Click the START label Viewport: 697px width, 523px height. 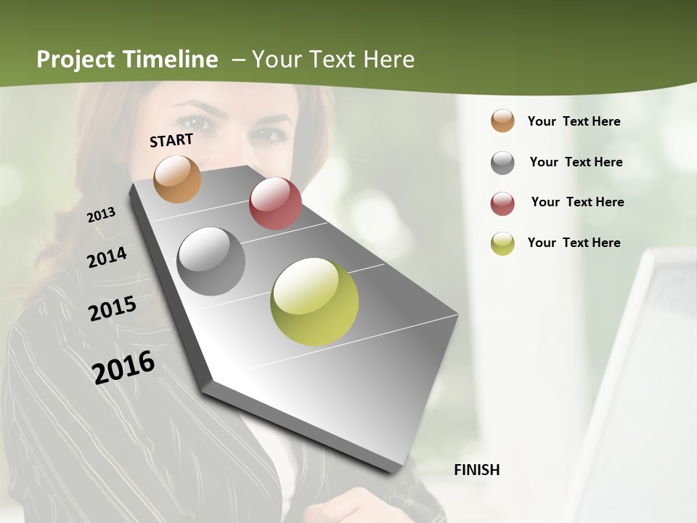[171, 140]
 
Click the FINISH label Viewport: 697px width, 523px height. [477, 470]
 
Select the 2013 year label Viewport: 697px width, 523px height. [102, 214]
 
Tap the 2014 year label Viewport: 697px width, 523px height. [107, 257]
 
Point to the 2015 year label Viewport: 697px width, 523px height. [113, 308]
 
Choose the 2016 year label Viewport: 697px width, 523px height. [124, 367]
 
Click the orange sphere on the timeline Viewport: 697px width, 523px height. [178, 179]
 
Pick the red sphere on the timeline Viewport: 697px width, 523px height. [275, 203]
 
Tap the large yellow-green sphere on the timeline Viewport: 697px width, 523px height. [314, 301]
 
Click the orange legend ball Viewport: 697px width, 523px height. [502, 121]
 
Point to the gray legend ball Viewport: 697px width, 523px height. [502, 163]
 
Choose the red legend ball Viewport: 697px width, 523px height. [502, 203]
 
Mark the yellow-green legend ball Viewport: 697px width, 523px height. [502, 243]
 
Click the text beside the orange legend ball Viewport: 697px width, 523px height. [574, 121]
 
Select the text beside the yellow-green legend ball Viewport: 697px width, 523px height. [574, 243]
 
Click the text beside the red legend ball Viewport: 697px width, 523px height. [577, 202]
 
